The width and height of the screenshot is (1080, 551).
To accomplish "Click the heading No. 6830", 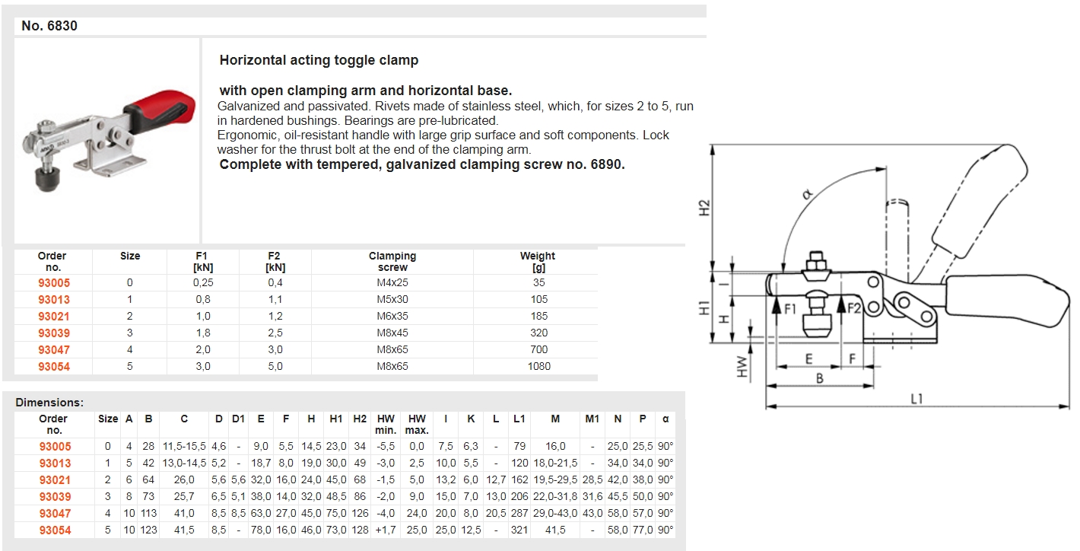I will click(x=49, y=26).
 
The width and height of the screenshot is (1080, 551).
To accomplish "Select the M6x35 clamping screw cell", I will click(x=392, y=316).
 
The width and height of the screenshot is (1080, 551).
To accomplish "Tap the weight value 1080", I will click(x=538, y=366).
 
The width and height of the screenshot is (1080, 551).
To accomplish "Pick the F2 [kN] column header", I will click(x=275, y=262).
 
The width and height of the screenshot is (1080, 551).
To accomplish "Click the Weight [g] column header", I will click(x=538, y=262).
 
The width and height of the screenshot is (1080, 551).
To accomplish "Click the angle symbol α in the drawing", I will click(x=807, y=194).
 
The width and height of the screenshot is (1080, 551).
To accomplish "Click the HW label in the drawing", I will click(x=742, y=369).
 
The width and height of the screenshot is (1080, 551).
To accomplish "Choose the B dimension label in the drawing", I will click(x=820, y=377).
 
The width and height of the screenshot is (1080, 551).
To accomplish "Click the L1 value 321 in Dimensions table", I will click(x=519, y=530).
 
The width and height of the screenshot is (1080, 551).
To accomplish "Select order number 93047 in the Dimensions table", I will click(x=55, y=513).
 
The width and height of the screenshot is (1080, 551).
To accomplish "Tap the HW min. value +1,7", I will click(x=386, y=530).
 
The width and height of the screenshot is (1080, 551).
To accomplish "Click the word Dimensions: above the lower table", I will click(x=49, y=402).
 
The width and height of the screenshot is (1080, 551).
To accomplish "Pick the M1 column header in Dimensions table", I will click(x=592, y=419).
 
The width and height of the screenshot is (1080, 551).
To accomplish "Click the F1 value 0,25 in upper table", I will click(x=202, y=282).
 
